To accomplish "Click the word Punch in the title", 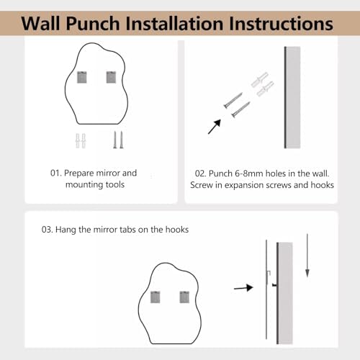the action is tap(93, 24).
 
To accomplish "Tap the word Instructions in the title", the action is tap(281, 24).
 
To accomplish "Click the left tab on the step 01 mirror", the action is tap(81, 77).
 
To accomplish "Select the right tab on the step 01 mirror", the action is tap(111, 77).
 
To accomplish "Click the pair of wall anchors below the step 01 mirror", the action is tap(81, 141).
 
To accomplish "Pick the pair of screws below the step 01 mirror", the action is tap(118, 140).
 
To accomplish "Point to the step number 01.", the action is tap(55, 173).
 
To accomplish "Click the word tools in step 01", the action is tap(115, 184).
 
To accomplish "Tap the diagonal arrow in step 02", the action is tap(215, 127).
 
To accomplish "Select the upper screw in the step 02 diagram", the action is tap(233, 100).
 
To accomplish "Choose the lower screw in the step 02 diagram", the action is tap(240, 109).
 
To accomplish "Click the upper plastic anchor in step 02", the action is tap(259, 80).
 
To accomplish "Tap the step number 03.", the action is tap(47, 230).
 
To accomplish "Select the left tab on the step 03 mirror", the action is tap(155, 297).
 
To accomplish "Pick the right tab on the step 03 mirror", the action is tap(184, 297).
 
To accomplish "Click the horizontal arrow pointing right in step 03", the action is tap(243, 287).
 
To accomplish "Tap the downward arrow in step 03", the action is tap(307, 256).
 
